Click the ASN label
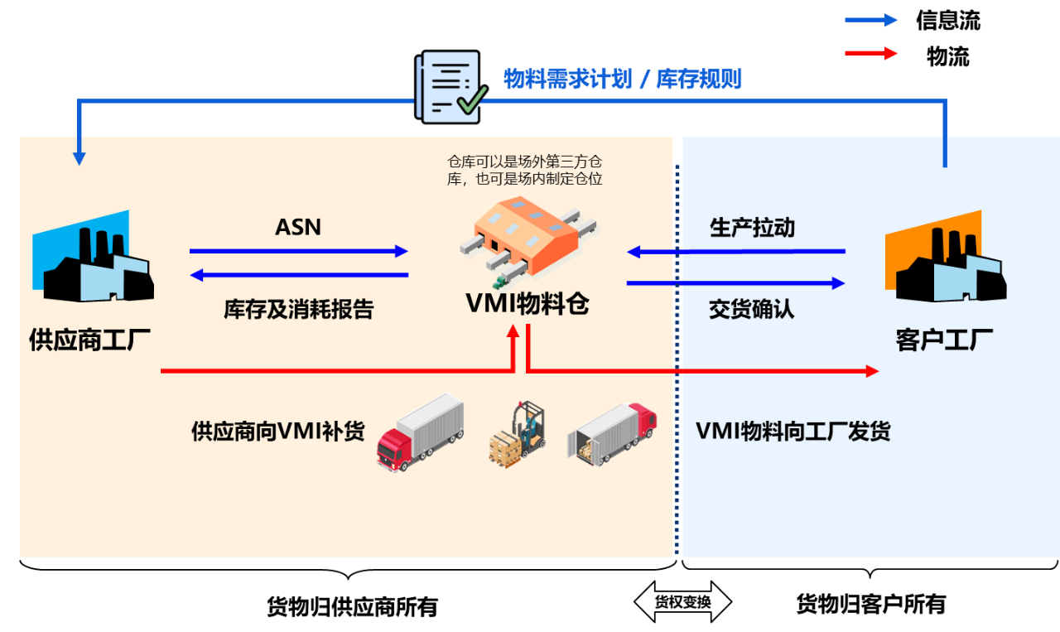[x=297, y=227]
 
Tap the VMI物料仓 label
[x=528, y=304]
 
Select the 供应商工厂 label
[x=90, y=340]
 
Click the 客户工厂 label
[x=944, y=340]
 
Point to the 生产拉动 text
[x=752, y=228]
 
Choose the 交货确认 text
[x=751, y=309]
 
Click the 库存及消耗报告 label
[x=298, y=309]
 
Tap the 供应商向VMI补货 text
[x=277, y=432]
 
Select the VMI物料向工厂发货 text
[x=793, y=432]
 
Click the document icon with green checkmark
[x=450, y=87]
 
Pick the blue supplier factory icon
[x=92, y=258]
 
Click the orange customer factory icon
[x=945, y=258]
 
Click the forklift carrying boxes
[x=518, y=434]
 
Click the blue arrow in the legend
[x=871, y=20]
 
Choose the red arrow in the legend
[x=871, y=53]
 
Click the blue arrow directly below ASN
[x=298, y=251]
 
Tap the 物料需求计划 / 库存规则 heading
[x=622, y=80]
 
